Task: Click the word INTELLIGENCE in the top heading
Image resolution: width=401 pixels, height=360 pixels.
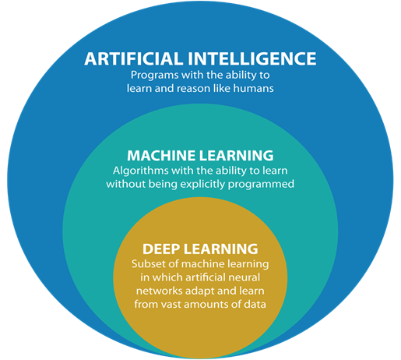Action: pos(252,58)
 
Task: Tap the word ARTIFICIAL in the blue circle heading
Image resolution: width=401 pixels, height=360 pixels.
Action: pos(133,58)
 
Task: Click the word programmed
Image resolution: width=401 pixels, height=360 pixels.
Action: pos(261,185)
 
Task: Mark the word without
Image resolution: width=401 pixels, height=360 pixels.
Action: pos(126,184)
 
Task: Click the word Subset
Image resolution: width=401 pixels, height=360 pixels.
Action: pos(145,264)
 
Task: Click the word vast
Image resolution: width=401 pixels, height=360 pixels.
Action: pos(171,305)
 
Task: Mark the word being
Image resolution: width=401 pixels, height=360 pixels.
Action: pos(163,185)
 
